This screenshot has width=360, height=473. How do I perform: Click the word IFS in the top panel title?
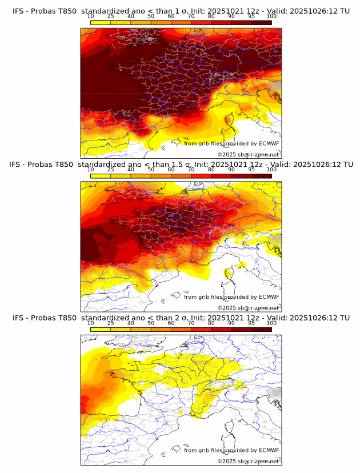pyautogui.click(x=19, y=11)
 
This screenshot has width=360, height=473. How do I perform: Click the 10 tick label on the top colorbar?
pyautogui.click(x=91, y=16)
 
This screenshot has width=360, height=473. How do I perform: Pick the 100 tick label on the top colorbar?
pyautogui.click(x=271, y=16)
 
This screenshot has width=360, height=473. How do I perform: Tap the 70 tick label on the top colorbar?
pyautogui.click(x=191, y=16)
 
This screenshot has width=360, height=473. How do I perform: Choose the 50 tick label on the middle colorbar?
pyautogui.click(x=151, y=170)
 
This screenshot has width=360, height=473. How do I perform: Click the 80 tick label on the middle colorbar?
pyautogui.click(x=211, y=170)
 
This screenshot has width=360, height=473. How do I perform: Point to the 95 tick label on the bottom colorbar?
pyautogui.click(x=251, y=323)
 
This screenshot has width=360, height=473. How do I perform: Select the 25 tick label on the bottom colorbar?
pyautogui.click(x=111, y=323)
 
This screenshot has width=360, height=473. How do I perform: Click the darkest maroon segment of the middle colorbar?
pyautogui.click(x=261, y=176)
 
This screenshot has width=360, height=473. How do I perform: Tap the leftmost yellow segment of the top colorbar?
pyautogui.click(x=101, y=22)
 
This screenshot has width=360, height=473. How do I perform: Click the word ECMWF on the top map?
pyautogui.click(x=269, y=143)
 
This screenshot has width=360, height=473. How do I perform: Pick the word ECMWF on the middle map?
pyautogui.click(x=269, y=297)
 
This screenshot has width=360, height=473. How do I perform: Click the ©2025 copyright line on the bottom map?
pyautogui.click(x=248, y=462)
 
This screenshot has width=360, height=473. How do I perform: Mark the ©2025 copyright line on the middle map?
pyautogui.click(x=248, y=308)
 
